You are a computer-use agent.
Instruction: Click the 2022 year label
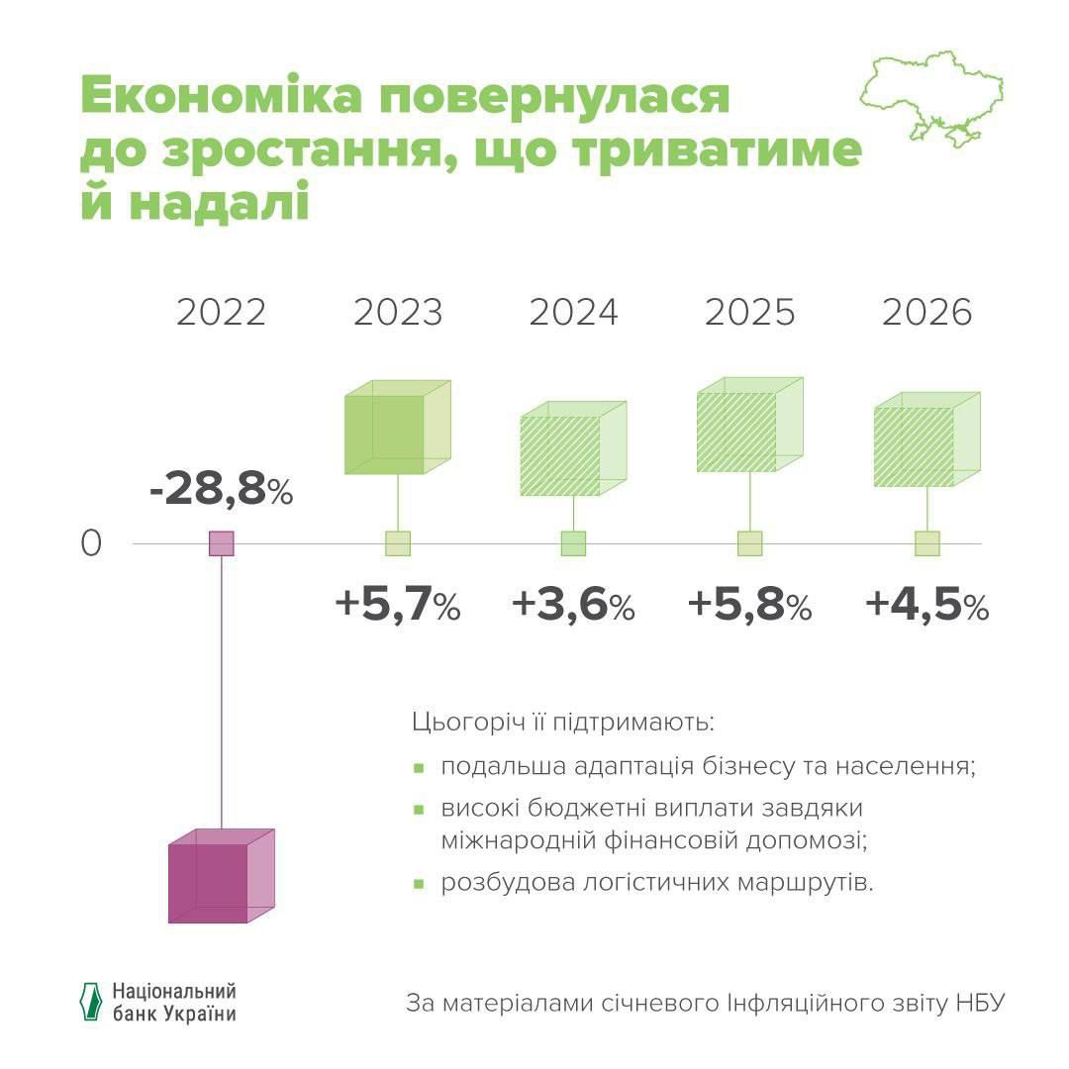point(221,312)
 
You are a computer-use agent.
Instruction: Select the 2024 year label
point(573,312)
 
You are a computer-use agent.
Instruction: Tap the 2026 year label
point(926,312)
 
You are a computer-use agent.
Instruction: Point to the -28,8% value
point(221,490)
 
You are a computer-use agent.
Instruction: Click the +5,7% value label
point(398,605)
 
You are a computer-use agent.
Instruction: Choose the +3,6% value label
point(573,605)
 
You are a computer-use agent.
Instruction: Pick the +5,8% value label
point(749,605)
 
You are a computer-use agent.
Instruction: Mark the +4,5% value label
point(926,605)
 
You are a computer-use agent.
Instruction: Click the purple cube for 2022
point(219,876)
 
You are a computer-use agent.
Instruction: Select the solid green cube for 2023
point(396,428)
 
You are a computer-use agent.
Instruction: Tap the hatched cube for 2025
point(747,426)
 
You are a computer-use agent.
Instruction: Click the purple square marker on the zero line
point(221,543)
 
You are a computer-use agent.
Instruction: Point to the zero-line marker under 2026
point(926,543)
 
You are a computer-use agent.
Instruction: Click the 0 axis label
point(91,544)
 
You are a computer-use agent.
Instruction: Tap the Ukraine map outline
point(931,99)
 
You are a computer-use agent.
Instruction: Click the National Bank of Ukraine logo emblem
point(91,1002)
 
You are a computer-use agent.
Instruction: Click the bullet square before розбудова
point(419,883)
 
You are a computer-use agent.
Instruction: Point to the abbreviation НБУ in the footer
point(980,1003)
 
